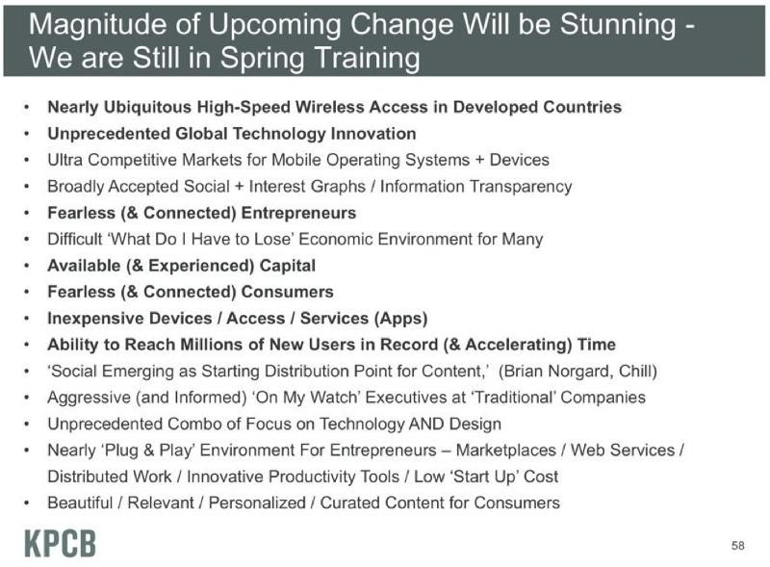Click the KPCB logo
coord(60,544)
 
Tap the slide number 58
coord(737,546)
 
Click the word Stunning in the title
coord(618,25)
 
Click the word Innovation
coord(373,134)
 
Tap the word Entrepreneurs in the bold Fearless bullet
coord(298,214)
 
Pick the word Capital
coord(287,266)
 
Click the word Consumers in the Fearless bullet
coord(287,292)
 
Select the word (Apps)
coord(400,319)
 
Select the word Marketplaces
coord(506,451)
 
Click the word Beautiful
coord(80,503)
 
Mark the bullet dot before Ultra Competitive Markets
coord(27,161)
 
